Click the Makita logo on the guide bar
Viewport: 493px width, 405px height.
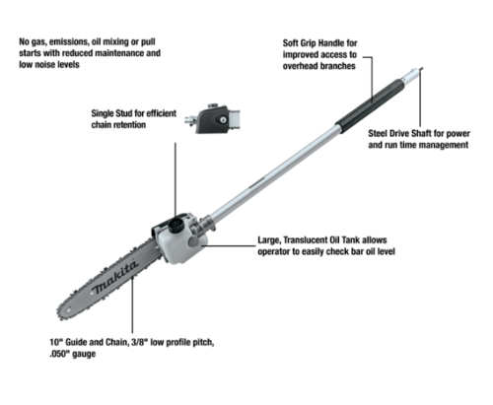tap(114, 278)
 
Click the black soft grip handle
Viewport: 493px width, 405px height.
tap(369, 105)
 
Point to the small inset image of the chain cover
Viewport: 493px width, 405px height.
tap(212, 119)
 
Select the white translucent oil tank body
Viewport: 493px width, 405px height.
tap(180, 244)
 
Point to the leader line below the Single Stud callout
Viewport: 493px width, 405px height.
tap(176, 179)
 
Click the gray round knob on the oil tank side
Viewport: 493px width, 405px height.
tap(193, 241)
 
